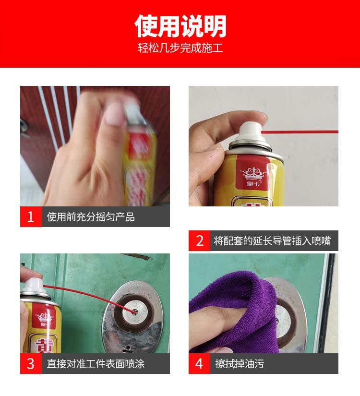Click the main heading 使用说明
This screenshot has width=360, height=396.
(180, 26)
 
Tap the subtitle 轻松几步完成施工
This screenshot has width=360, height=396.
(180, 48)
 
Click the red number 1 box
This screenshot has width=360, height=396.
(31, 217)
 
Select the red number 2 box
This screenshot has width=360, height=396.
(200, 241)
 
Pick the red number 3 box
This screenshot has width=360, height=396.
(31, 364)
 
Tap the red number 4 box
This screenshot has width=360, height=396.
(200, 364)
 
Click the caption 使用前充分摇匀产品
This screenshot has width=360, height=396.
(91, 217)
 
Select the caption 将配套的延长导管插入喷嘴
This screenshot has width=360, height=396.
(272, 241)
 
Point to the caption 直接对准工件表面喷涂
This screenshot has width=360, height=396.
(96, 364)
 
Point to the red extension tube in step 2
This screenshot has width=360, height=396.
(302, 132)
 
